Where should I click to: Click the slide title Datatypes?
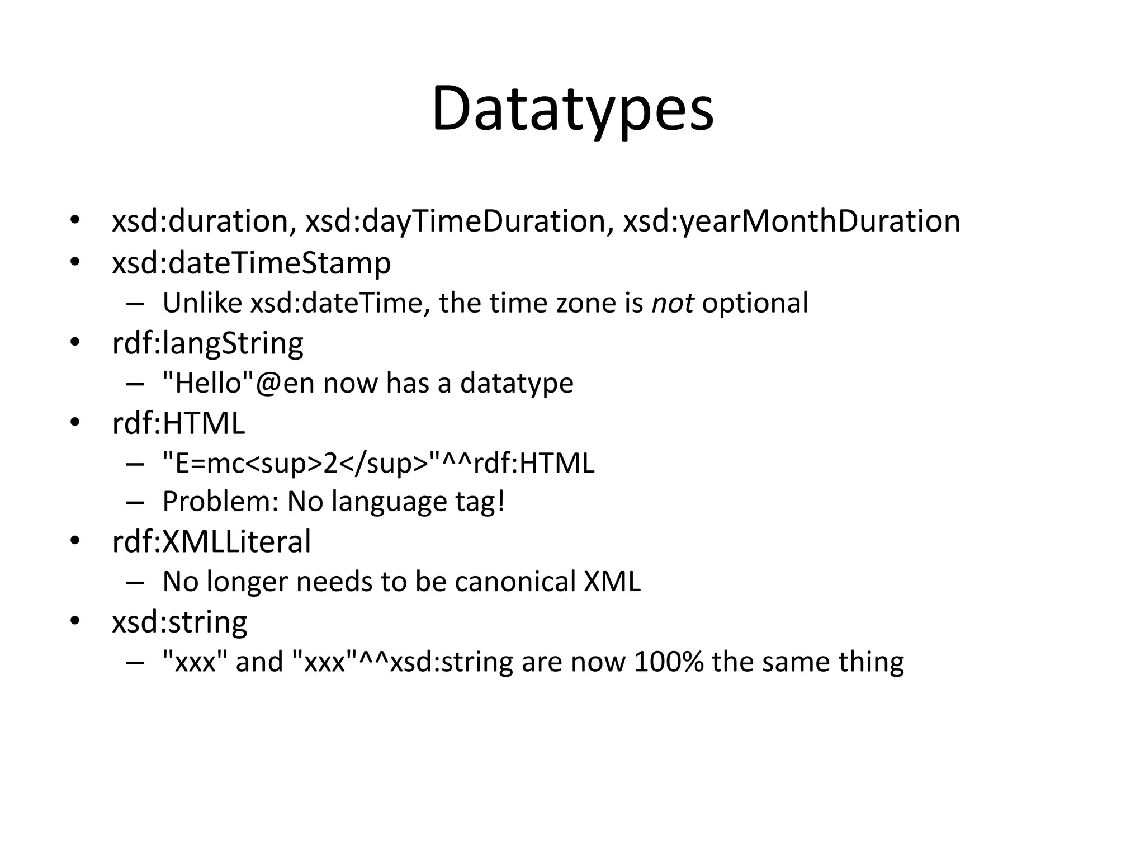[572, 109]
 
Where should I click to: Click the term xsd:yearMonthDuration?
[792, 221]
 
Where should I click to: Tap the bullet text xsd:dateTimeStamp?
[251, 263]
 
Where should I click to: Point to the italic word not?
[673, 303]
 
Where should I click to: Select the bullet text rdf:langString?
[207, 343]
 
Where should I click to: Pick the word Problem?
[220, 502]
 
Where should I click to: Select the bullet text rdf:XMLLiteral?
[211, 542]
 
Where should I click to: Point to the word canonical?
[515, 582]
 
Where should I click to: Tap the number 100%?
[668, 662]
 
